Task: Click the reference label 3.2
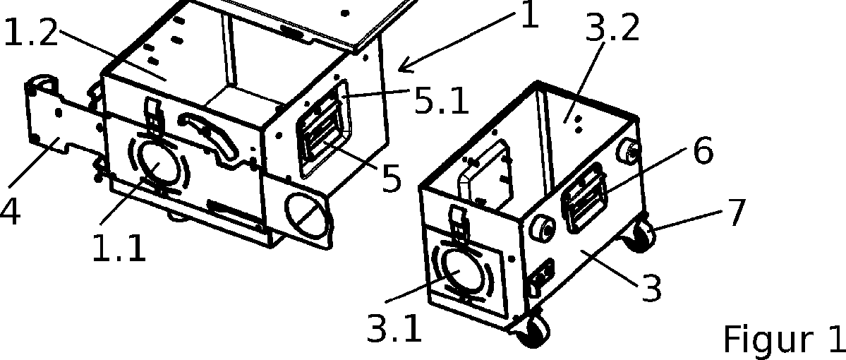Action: coord(613,29)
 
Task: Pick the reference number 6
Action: coord(703,151)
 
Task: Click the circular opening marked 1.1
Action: coord(155,160)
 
